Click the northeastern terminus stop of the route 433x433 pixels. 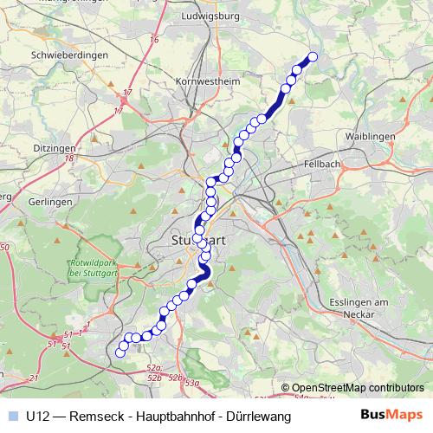pos(313,57)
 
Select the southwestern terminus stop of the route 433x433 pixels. pos(120,352)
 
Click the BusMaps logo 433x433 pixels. pos(391,416)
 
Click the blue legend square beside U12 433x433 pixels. pos(12,417)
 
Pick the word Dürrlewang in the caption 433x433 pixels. pos(257,417)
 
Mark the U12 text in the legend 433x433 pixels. pos(37,417)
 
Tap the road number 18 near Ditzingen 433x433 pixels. pos(68,158)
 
